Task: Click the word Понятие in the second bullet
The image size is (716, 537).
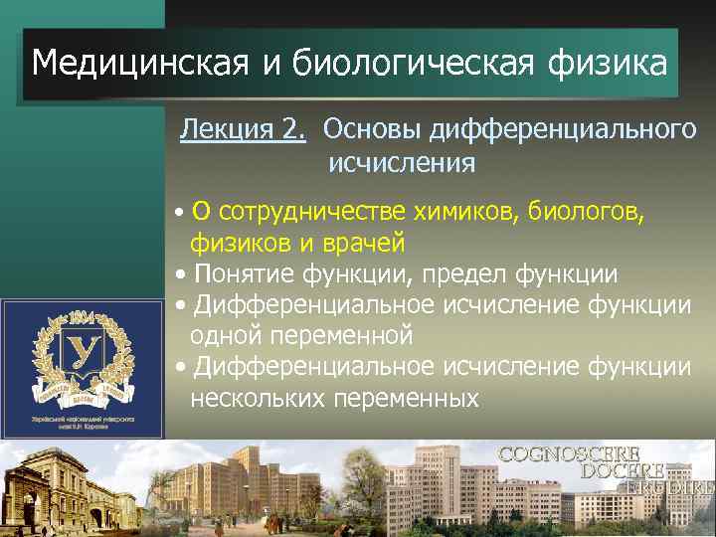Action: (244, 273)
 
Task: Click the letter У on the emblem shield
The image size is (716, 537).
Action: (83, 351)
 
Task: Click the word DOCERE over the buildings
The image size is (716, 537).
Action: (624, 471)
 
